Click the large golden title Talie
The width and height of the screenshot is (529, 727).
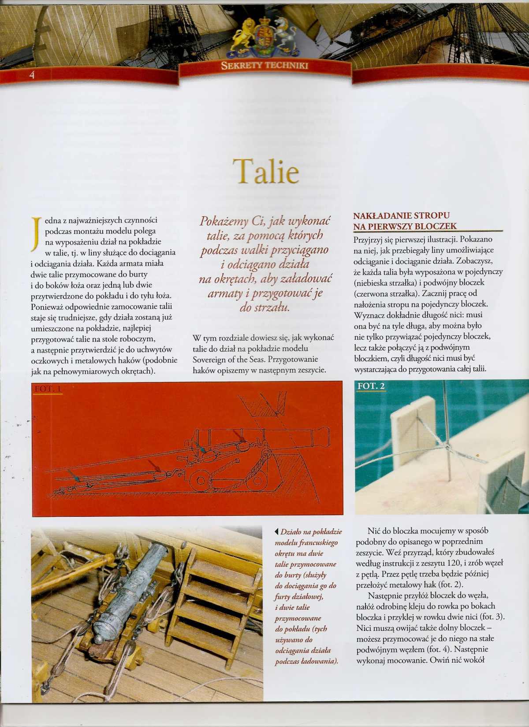tap(265, 171)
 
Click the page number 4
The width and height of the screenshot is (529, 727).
tap(31, 74)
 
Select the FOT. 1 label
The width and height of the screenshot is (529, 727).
tap(48, 389)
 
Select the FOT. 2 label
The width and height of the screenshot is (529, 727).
tap(371, 386)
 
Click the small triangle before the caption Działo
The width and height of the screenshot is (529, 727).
tap(276, 532)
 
